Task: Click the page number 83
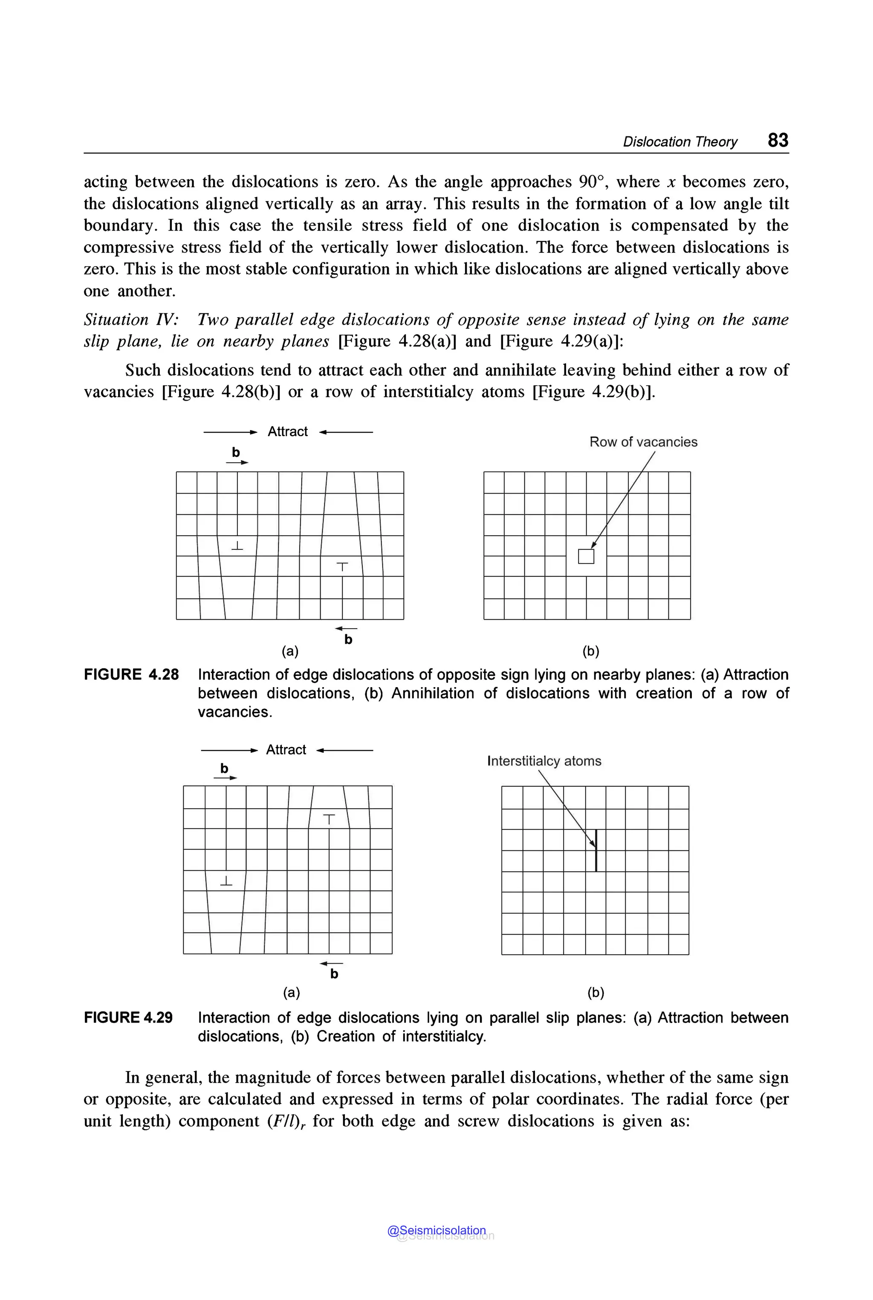778,140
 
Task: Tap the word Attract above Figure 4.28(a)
287,431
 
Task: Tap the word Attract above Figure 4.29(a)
286,749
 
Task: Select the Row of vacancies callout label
643,442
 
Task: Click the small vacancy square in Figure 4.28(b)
586,556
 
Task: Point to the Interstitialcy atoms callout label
544,761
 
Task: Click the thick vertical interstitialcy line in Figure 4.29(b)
596,850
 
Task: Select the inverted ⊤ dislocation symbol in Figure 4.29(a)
329,819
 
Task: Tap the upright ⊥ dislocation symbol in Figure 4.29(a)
226,881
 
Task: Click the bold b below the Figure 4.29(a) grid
334,974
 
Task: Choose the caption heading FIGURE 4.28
131,675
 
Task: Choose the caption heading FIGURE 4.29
128,1018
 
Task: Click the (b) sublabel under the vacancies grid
591,651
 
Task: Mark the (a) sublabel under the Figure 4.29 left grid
291,992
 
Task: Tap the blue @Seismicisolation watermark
436,1231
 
